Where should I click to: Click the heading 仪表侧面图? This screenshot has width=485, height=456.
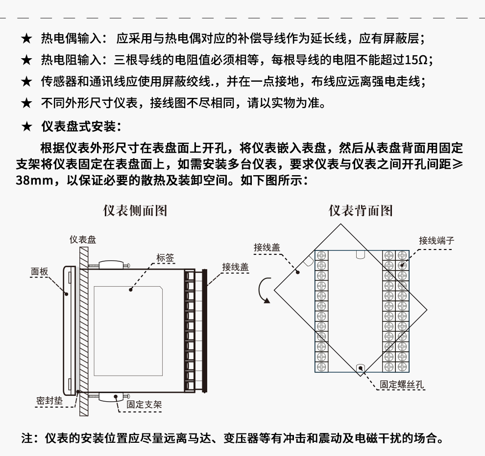[135, 210]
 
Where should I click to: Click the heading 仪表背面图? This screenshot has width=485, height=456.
[361, 210]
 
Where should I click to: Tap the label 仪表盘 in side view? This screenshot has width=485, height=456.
[82, 239]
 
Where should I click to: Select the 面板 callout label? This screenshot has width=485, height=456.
[39, 272]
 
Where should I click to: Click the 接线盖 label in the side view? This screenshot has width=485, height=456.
[235, 267]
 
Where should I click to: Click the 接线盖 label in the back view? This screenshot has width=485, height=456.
[267, 247]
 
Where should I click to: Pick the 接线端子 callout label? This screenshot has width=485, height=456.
[436, 240]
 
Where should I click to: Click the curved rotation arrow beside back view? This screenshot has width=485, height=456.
[263, 290]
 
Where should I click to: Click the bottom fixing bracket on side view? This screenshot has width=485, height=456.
[112, 396]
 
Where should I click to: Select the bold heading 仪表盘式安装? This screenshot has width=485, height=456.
[78, 127]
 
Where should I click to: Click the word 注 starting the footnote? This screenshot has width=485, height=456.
[27, 437]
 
